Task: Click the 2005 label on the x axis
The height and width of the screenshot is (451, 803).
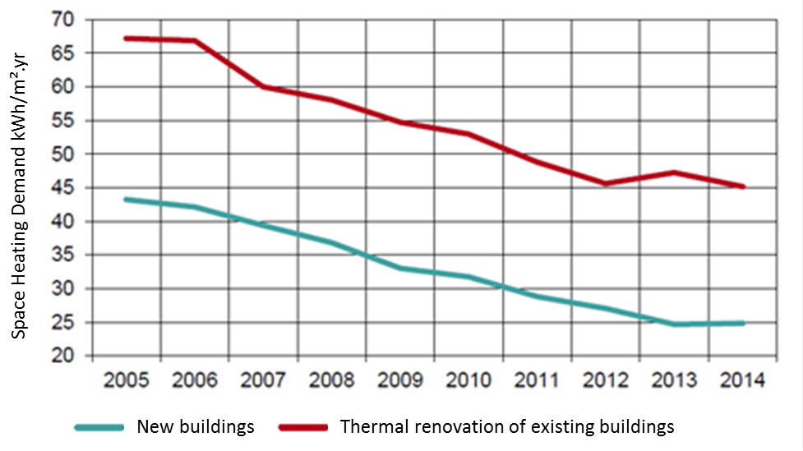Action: pos(127,380)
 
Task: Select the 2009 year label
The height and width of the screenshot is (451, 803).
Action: pos(400,380)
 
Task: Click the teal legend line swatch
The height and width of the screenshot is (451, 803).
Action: pos(99,427)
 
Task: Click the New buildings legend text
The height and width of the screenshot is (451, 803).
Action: pos(196,427)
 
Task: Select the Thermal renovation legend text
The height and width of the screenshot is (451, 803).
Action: pos(506,427)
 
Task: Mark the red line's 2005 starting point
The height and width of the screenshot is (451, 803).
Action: pos(127,38)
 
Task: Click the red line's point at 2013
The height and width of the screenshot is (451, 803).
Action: pos(674,172)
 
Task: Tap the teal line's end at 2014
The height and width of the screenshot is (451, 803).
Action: pos(743,323)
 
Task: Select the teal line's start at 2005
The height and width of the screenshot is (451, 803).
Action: pos(127,199)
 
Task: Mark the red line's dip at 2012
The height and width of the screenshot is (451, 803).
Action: pos(606,183)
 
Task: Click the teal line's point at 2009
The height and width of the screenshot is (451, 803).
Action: pos(401,268)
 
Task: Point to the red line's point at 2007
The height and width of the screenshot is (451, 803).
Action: pos(264,86)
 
